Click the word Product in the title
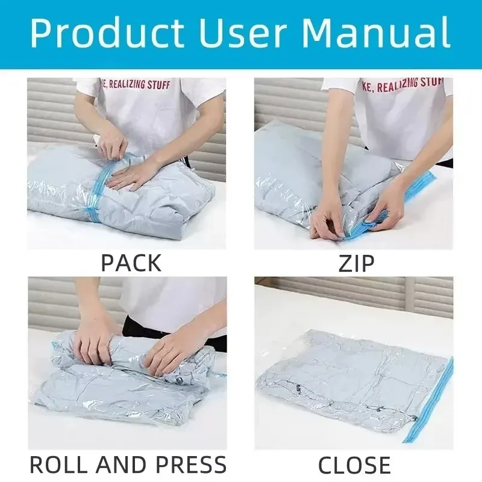click(x=107, y=33)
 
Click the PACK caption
click(x=131, y=263)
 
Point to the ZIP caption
click(x=356, y=263)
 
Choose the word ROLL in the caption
click(x=58, y=464)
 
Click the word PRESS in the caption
click(x=190, y=464)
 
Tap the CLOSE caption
click(x=354, y=464)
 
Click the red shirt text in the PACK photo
click(x=137, y=84)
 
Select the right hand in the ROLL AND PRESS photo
click(x=166, y=351)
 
